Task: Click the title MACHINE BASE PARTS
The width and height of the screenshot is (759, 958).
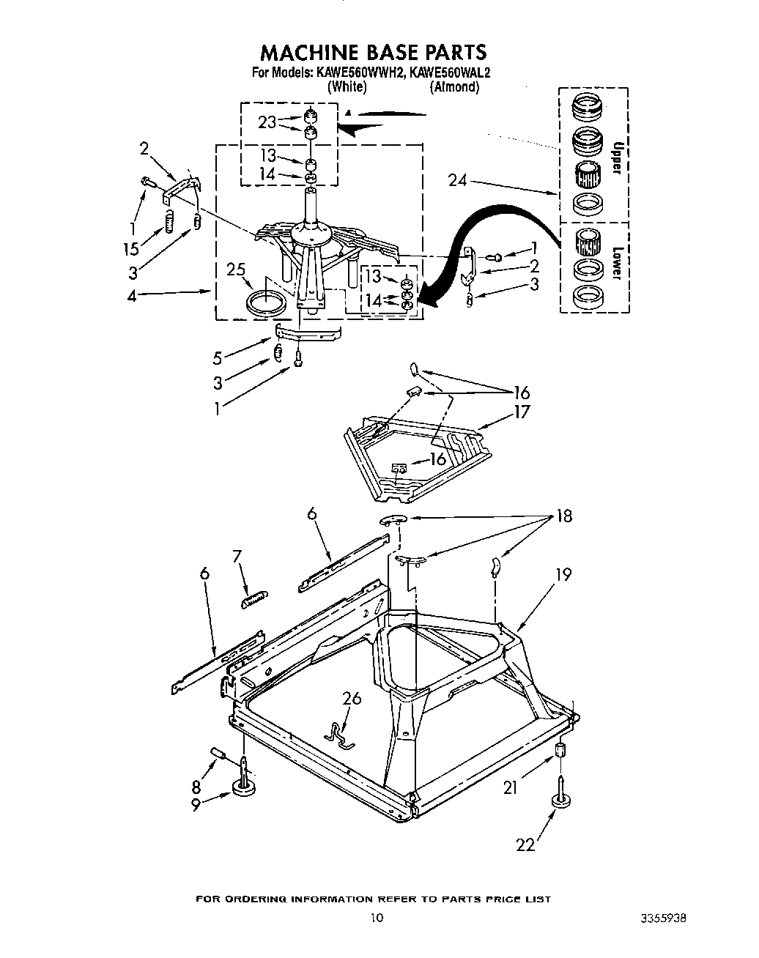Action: tap(374, 52)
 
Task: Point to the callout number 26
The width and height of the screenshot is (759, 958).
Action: tap(352, 698)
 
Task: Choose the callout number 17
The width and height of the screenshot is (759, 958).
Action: tap(521, 412)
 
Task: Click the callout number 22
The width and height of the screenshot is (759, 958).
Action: tap(525, 845)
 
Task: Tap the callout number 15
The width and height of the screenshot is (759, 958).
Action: tap(131, 249)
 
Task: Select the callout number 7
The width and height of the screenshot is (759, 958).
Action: tap(237, 557)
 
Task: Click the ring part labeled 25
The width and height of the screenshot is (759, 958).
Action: tap(266, 302)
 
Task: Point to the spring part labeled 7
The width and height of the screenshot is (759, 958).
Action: tap(254, 598)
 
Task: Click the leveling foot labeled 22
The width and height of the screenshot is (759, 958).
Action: tap(562, 800)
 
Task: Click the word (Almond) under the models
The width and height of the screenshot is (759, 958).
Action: tap(454, 86)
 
